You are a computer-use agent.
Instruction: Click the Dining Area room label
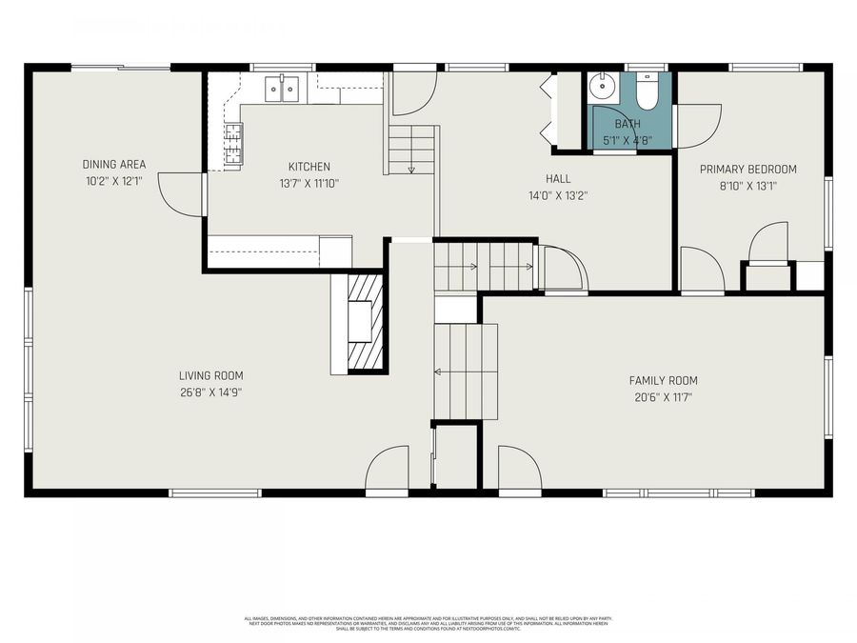[113, 164]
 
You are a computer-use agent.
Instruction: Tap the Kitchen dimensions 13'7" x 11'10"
[309, 183]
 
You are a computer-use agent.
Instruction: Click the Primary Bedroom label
[747, 170]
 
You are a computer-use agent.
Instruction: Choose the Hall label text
[558, 179]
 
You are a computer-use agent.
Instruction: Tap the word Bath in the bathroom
[628, 124]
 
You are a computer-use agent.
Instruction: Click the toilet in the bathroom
[647, 90]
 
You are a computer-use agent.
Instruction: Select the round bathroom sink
[603, 89]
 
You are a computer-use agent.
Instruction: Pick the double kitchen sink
[283, 89]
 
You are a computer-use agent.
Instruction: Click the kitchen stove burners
[233, 145]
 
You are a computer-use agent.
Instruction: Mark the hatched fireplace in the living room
[365, 322]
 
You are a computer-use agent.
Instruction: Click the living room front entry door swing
[388, 470]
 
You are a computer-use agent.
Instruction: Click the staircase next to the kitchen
[411, 150]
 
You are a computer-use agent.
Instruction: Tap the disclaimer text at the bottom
[428, 623]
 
